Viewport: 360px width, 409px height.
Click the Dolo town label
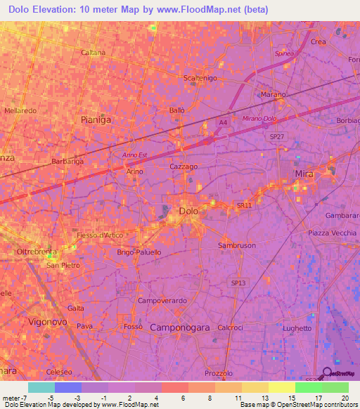(188, 210)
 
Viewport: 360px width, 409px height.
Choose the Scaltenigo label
(199, 78)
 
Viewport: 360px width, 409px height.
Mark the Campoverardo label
(162, 301)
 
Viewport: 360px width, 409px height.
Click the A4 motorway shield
(222, 123)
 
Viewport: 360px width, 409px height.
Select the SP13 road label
(240, 283)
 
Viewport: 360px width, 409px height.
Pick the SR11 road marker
(243, 205)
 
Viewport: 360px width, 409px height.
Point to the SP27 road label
(278, 136)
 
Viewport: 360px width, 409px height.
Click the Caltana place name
(93, 53)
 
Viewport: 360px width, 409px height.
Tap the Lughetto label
(297, 328)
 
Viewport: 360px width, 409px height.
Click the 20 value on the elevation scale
(345, 398)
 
